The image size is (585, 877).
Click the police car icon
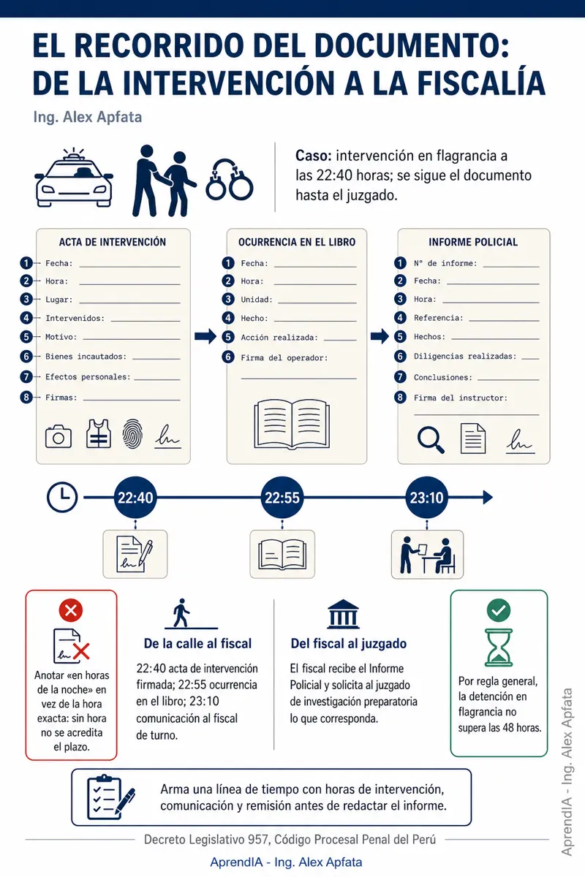click(x=74, y=178)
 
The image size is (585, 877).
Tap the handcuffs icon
click(x=229, y=180)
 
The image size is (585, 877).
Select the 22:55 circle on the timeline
click(x=282, y=498)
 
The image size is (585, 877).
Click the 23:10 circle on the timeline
click(x=426, y=498)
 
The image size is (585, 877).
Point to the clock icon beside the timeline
click(x=62, y=497)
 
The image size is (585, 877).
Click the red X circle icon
click(x=70, y=610)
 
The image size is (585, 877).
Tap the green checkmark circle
click(x=499, y=610)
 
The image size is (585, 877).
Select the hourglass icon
click(x=499, y=648)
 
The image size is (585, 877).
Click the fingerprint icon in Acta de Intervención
click(x=132, y=434)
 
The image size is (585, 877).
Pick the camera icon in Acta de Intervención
click(x=58, y=436)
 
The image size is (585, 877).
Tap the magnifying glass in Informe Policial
click(x=431, y=440)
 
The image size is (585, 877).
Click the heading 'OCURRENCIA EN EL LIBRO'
click(x=297, y=242)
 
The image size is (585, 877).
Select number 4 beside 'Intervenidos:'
click(x=26, y=317)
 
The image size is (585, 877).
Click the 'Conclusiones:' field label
click(x=443, y=377)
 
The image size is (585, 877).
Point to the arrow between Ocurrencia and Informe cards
click(x=380, y=336)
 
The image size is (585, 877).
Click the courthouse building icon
click(x=343, y=614)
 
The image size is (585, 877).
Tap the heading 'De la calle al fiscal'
click(x=197, y=643)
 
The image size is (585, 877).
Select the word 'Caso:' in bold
click(x=314, y=156)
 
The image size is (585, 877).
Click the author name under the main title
click(x=87, y=117)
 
